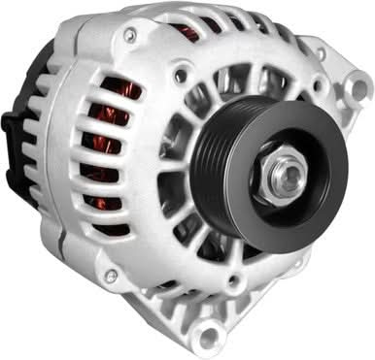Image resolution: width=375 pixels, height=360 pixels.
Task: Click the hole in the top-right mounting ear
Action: click(360, 89)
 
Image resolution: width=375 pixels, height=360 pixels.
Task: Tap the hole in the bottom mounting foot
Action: click(207, 336)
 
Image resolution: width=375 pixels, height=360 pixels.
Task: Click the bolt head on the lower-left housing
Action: click(111, 277)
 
